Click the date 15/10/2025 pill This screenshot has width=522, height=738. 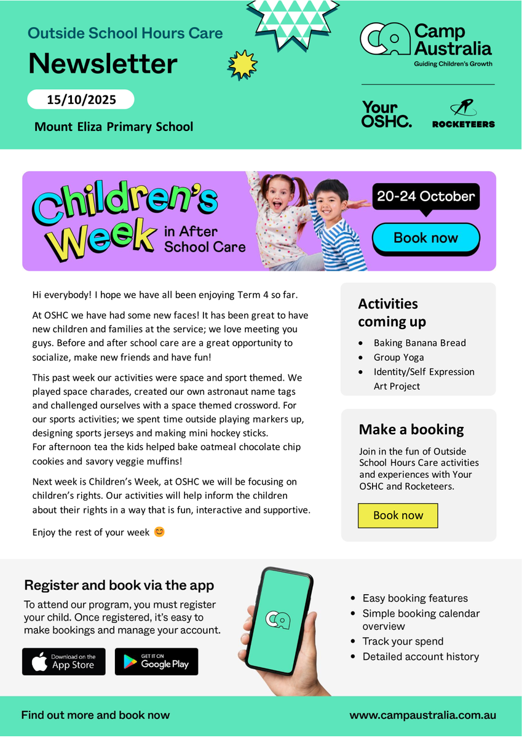81,99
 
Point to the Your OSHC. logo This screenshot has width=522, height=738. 387,114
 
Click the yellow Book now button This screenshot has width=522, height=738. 398,515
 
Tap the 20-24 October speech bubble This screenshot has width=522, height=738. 425,197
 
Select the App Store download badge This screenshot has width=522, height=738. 63,662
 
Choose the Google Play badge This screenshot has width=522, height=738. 156,662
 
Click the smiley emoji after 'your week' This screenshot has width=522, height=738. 159,532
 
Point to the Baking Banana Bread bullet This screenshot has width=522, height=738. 419,343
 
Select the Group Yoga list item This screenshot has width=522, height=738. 398,357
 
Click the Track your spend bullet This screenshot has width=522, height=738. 403,641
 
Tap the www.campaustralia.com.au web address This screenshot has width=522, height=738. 422,715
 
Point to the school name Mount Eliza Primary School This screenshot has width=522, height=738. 114,127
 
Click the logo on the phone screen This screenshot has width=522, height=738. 277,621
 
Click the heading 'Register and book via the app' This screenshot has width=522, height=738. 119,585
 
